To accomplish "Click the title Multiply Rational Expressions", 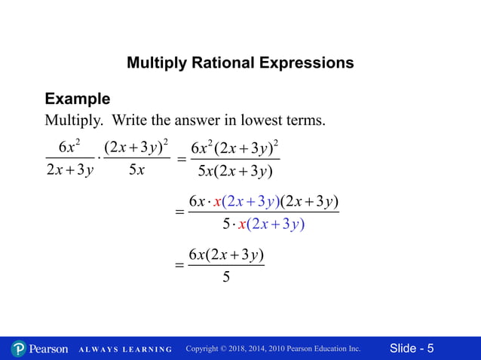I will coord(240,63).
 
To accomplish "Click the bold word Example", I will coord(77,99).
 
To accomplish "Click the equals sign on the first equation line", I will coord(181,160).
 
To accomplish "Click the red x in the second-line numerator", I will coord(217,201).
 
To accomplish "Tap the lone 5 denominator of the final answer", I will coord(226,278).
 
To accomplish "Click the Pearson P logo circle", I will coord(19,349).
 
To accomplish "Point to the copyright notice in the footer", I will coord(273,349).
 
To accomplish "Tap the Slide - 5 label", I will coord(412,349).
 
